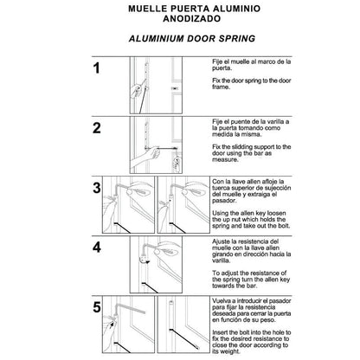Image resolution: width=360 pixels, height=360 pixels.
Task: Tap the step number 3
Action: tap(97, 188)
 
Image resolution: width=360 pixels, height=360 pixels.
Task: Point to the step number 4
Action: tap(97, 248)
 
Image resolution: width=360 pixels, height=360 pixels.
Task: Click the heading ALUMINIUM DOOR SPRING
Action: tap(179, 39)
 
